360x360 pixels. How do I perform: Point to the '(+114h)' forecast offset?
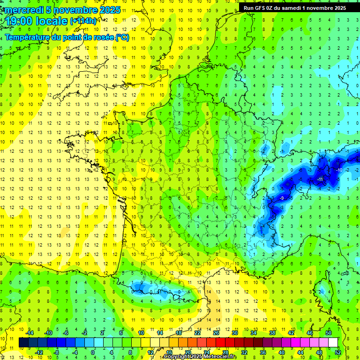(x=83, y=21)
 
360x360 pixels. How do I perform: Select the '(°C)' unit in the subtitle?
(x=122, y=37)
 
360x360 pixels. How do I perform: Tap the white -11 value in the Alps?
(x=320, y=180)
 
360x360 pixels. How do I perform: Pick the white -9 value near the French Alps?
(x=281, y=198)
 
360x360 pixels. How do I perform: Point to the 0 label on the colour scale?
(x=93, y=352)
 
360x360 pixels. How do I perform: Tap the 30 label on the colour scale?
(x=234, y=333)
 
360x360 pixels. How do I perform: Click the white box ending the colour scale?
(x=333, y=342)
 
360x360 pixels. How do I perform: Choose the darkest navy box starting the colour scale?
(x=23, y=342)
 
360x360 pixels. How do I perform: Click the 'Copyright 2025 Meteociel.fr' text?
(x=200, y=357)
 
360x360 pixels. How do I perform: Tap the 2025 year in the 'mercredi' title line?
(x=110, y=10)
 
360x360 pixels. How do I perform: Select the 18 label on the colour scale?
(x=179, y=333)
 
